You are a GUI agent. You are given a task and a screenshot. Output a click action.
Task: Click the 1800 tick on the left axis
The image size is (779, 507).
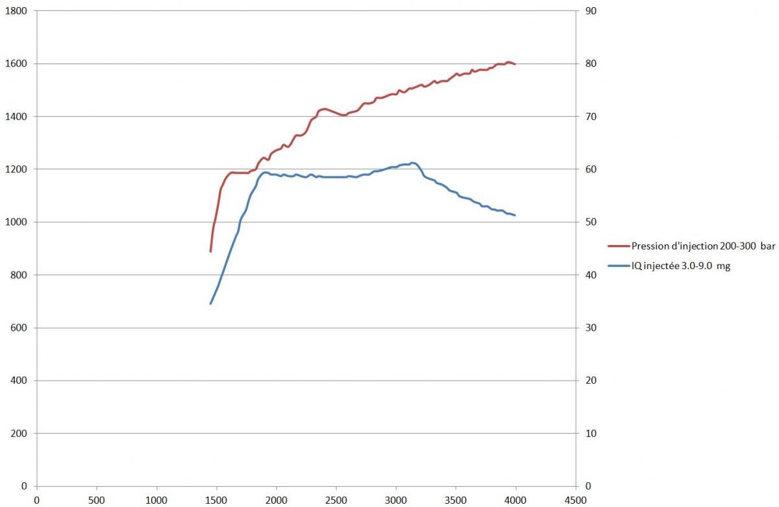[x=14, y=11]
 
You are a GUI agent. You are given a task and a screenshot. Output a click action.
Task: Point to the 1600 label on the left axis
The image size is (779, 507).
[x=14, y=64]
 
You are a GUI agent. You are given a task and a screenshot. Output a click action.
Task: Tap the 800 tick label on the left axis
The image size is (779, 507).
[x=17, y=275]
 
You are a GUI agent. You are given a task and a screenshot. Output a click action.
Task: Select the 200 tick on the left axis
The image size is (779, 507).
[x=17, y=433]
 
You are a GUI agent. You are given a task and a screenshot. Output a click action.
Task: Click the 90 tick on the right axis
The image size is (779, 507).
[x=592, y=11]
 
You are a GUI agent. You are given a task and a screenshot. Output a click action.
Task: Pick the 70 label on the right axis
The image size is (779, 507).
[x=592, y=117]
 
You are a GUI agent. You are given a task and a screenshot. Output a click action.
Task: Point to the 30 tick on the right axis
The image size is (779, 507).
[x=592, y=328]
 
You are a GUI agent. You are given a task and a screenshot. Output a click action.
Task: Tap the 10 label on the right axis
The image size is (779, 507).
[x=592, y=433]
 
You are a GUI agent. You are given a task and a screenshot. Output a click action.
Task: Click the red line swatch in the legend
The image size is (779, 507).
[x=618, y=246]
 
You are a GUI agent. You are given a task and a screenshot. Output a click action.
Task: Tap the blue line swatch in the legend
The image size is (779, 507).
[x=618, y=266]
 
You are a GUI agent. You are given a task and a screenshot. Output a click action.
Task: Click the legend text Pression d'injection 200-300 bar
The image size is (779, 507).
[x=703, y=246]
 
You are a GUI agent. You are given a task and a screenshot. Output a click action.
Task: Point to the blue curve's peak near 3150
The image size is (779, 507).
[x=413, y=163]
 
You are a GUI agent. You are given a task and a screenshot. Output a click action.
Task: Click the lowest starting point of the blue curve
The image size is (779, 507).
[x=210, y=303]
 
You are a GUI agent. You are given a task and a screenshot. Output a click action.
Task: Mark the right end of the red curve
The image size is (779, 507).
[x=515, y=64]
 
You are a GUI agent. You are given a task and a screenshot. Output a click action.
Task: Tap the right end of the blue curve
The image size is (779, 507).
[x=515, y=215]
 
